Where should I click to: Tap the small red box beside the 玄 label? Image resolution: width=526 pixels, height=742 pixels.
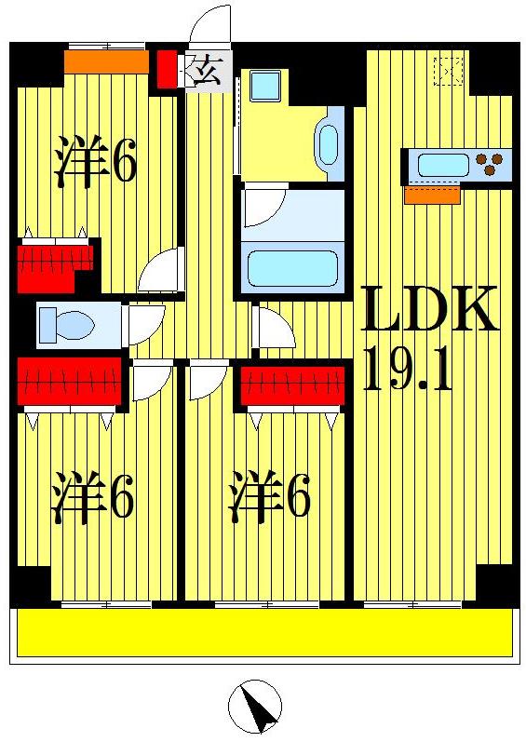pos(166,70)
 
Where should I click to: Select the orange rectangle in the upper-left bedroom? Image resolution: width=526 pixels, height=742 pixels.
pos(106,61)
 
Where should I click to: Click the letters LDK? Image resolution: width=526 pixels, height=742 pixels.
pos(429,311)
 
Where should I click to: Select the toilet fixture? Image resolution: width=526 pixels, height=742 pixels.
pos(67,326)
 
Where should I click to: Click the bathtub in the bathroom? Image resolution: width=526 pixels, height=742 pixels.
pos(291,268)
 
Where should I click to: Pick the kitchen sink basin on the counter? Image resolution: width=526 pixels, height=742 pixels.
pos(443,166)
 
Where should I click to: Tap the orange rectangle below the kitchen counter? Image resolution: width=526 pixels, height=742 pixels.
pos(432,196)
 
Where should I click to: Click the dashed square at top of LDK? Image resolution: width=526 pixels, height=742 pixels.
pos(449,71)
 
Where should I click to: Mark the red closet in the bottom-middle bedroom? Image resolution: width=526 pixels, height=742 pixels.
pos(291,385)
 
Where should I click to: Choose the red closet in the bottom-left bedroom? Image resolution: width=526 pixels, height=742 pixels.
pos(70,382)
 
